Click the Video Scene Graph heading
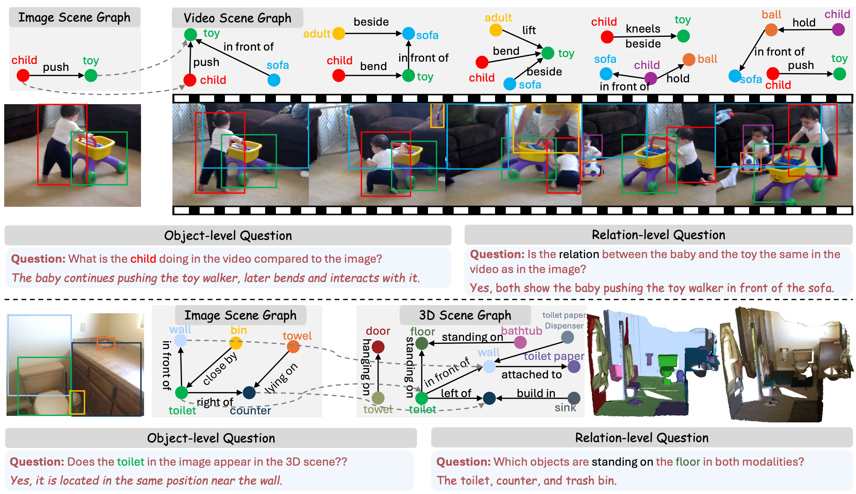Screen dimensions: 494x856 pos(237,18)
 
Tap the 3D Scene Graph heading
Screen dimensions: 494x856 pos(465,315)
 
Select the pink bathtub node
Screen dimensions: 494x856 pos(520,342)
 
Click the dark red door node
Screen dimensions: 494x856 pos(378,347)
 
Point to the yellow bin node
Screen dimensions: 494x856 pos(236,343)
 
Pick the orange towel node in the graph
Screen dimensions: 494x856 pos(293,347)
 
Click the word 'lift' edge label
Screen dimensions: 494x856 pos(529,30)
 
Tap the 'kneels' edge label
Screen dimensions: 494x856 pos(643,29)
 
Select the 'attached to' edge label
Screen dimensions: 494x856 pos(531,375)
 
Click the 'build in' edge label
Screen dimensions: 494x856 pos(536,393)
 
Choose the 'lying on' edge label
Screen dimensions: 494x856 pos(281,378)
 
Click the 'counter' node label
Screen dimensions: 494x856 pos(250,411)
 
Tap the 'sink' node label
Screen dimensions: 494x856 pos(565,407)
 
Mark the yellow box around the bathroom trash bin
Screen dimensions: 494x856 pos(77,402)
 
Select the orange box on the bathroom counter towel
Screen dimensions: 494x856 pos(106,343)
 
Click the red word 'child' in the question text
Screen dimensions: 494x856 pos(143,259)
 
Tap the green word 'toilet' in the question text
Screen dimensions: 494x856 pos(131,462)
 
